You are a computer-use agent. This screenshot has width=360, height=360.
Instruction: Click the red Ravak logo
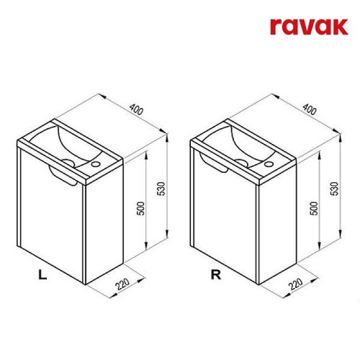click(309, 27)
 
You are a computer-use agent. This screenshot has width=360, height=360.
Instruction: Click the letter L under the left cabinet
click(42, 274)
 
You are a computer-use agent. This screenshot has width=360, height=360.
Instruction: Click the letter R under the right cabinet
click(216, 274)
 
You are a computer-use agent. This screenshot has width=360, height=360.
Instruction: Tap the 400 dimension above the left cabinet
click(136, 109)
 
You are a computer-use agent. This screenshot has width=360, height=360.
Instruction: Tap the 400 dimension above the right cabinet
click(310, 109)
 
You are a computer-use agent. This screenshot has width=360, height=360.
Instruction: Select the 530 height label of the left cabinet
click(162, 189)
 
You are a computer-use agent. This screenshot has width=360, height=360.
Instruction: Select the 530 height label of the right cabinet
click(336, 189)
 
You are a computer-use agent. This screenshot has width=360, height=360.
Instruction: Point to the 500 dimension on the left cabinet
click(142, 208)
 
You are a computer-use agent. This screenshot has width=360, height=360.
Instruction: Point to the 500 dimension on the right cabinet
click(315, 208)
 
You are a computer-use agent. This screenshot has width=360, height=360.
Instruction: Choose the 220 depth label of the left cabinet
click(122, 284)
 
